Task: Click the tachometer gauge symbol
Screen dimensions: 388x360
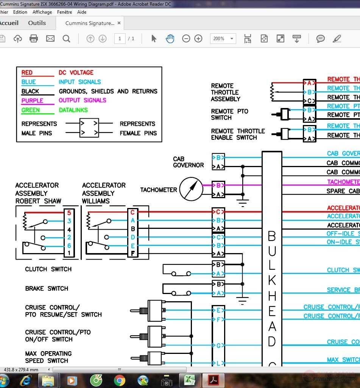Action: point(191,189)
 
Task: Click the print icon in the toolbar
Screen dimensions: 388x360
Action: point(34,38)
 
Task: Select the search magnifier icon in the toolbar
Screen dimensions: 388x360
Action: point(66,38)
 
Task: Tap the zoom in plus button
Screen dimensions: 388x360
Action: point(198,38)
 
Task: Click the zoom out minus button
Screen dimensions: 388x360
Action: point(186,38)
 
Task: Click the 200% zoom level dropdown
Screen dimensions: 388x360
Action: point(223,38)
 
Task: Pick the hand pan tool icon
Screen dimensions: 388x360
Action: point(170,38)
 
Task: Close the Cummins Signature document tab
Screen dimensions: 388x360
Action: point(119,23)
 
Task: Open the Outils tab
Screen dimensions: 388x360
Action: point(37,23)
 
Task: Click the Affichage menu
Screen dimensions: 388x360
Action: point(42,12)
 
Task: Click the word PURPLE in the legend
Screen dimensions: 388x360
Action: point(32,101)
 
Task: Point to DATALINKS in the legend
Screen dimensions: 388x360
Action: point(73,110)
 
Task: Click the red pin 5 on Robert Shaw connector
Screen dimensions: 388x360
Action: point(69,213)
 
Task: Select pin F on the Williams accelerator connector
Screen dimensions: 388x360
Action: point(133,253)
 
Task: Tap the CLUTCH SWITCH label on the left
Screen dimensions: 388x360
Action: point(48,269)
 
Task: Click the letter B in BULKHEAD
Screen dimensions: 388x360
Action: point(272,236)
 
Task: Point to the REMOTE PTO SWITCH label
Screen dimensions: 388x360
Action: point(229,114)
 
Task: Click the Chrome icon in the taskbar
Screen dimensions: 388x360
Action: point(120,380)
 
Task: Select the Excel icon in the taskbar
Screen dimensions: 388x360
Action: point(189,380)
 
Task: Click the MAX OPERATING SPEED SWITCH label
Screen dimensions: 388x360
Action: point(48,357)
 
